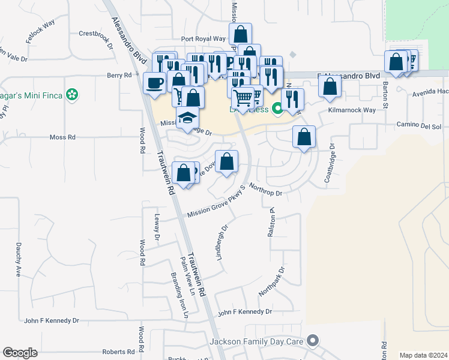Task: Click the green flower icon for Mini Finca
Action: [73, 94]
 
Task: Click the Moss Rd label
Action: [62, 137]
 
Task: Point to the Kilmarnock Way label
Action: [351, 110]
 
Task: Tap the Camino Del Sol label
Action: [418, 127]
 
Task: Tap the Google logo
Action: [19, 353]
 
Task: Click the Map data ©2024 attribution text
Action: [422, 355]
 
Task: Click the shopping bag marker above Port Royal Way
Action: [240, 34]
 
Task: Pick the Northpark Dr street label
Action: [271, 280]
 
